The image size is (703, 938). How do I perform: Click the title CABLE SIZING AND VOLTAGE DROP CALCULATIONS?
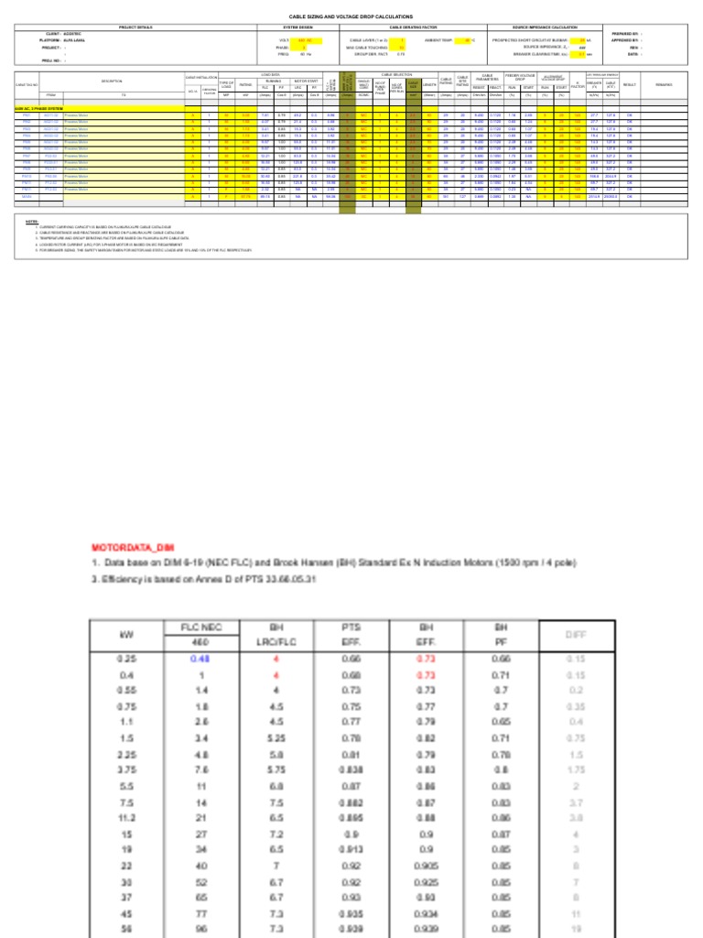[x=351, y=16]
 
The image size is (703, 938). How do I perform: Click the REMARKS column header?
[x=663, y=85]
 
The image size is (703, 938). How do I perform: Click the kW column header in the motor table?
[x=125, y=634]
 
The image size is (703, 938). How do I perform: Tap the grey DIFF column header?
[x=576, y=634]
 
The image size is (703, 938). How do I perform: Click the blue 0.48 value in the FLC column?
[x=200, y=658]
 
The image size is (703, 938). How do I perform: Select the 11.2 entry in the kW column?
[x=125, y=817]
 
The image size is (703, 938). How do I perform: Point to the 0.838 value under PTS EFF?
[x=351, y=769]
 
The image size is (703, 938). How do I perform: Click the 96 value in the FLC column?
[x=200, y=929]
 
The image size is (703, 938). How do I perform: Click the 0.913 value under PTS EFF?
[x=351, y=849]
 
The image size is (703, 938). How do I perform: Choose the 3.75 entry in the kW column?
[x=125, y=769]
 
